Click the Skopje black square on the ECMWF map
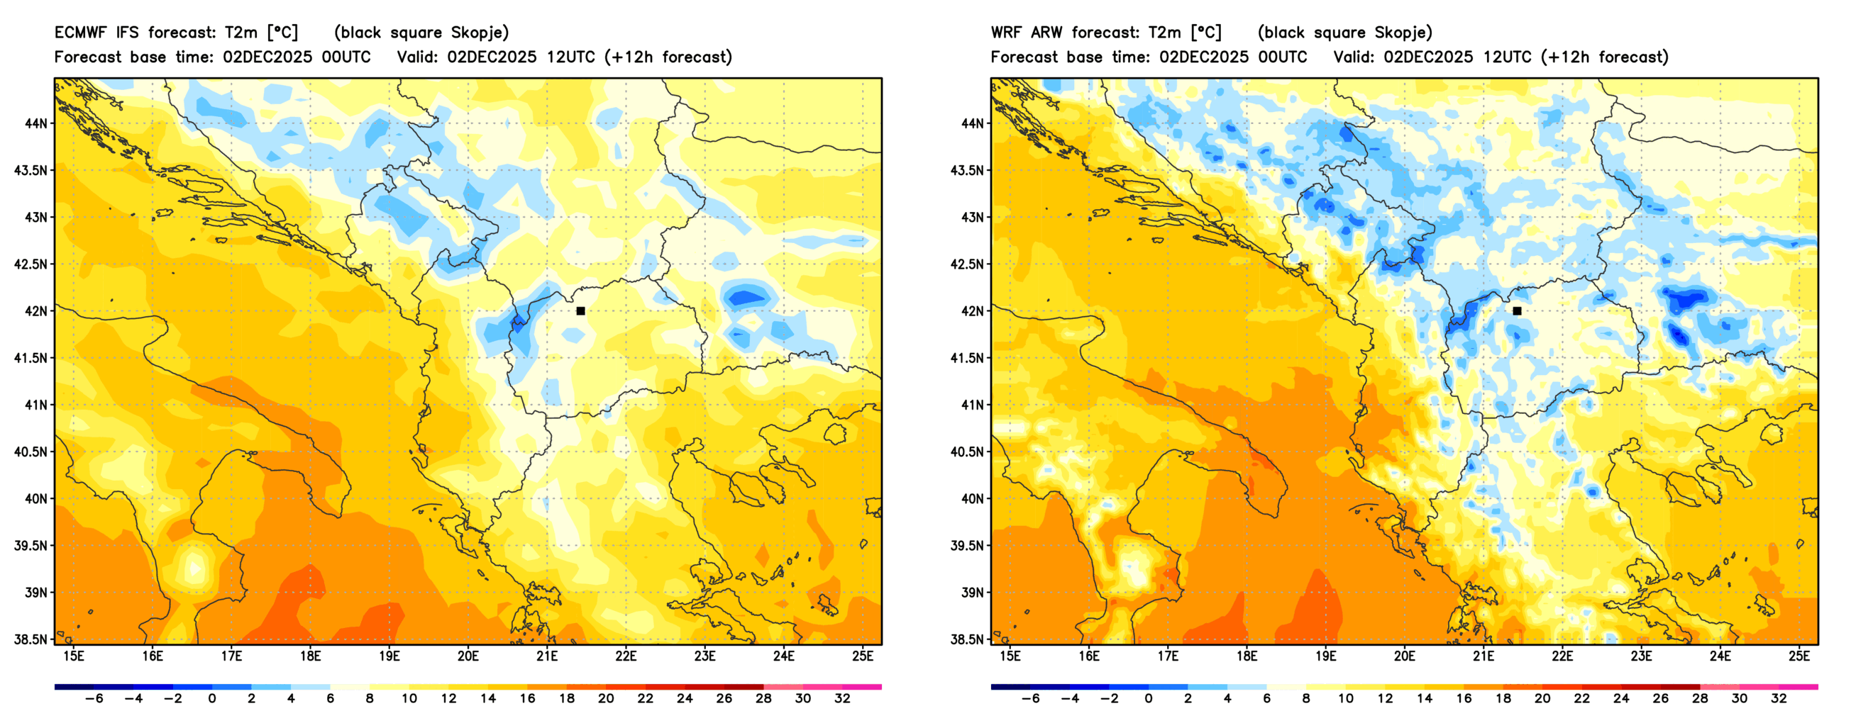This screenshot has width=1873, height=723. coord(580,311)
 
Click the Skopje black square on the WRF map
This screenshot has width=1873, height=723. coord(1517,311)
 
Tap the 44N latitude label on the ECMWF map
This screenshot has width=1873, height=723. coord(35,123)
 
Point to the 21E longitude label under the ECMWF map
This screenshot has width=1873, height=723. coord(547,656)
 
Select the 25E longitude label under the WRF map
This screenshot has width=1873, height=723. coord(1799,656)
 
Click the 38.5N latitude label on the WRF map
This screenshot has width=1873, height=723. coord(967,639)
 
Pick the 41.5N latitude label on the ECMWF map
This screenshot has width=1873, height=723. coord(31,358)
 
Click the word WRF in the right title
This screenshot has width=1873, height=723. coord(1007,33)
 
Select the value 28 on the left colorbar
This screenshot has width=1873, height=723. coord(763,698)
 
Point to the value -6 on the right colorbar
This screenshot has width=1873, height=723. coord(1029,698)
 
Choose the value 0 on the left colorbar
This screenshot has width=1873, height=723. coord(212,698)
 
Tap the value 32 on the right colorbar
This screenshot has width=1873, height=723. coord(1779,698)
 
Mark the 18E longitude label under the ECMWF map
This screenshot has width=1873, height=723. coord(311,656)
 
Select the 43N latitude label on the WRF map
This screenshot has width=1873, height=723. coord(972,218)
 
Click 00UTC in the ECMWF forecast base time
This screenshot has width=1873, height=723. coord(346,57)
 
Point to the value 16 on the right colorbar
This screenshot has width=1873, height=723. coord(1464,698)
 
